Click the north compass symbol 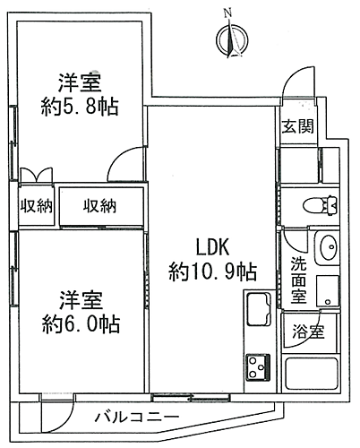[x=233, y=39]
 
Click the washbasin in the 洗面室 [x=326, y=246]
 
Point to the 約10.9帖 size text [x=214, y=271]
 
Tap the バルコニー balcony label [x=136, y=418]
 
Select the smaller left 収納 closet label [x=36, y=207]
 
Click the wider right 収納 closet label [x=100, y=207]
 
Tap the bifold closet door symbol [x=34, y=175]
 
